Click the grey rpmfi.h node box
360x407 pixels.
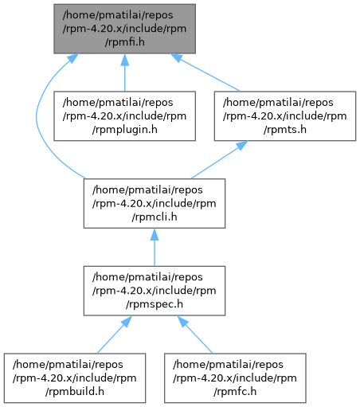[x=124, y=29]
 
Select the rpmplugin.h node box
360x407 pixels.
[x=124, y=116]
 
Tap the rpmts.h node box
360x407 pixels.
[x=285, y=116]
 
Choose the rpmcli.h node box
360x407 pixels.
[x=155, y=203]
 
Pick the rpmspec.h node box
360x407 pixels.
[x=155, y=291]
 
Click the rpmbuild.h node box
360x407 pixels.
[x=75, y=378]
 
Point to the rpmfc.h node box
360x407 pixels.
[x=235, y=378]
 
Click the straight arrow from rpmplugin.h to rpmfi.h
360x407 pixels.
[x=124, y=72]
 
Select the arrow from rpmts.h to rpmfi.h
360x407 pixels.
[x=205, y=72]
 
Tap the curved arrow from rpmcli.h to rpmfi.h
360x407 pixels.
[x=37, y=117]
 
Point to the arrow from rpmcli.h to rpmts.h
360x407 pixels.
[x=219, y=159]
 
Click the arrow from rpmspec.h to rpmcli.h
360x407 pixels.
[x=155, y=247]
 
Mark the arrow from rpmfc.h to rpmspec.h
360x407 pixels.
[x=195, y=335]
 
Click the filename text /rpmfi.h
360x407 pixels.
[x=124, y=42]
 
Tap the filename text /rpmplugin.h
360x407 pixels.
[x=124, y=130]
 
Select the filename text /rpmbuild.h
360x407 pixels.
[x=75, y=392]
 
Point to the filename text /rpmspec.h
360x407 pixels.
[x=155, y=304]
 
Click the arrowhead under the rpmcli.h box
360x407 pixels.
[x=155, y=234]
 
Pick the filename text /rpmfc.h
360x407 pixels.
[x=235, y=392]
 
